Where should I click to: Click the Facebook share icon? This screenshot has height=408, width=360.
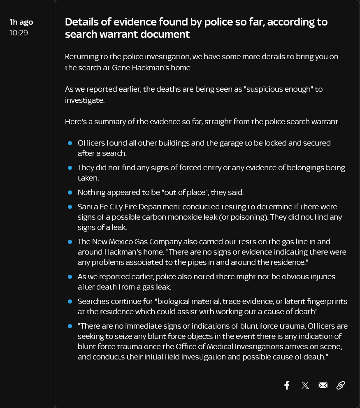point(287,385)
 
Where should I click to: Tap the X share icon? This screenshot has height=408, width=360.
point(305,385)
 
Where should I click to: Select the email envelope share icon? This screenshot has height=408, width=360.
point(323,385)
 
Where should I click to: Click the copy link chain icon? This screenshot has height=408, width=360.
point(341,385)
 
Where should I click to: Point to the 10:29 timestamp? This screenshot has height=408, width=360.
point(19,32)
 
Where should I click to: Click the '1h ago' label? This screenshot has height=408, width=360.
point(21,22)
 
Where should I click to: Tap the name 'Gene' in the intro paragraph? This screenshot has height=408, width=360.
point(122,67)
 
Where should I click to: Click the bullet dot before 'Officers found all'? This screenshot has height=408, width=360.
point(70,143)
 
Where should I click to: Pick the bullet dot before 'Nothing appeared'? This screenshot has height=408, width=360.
point(70,192)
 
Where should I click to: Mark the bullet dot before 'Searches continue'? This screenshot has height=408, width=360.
point(70,301)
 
